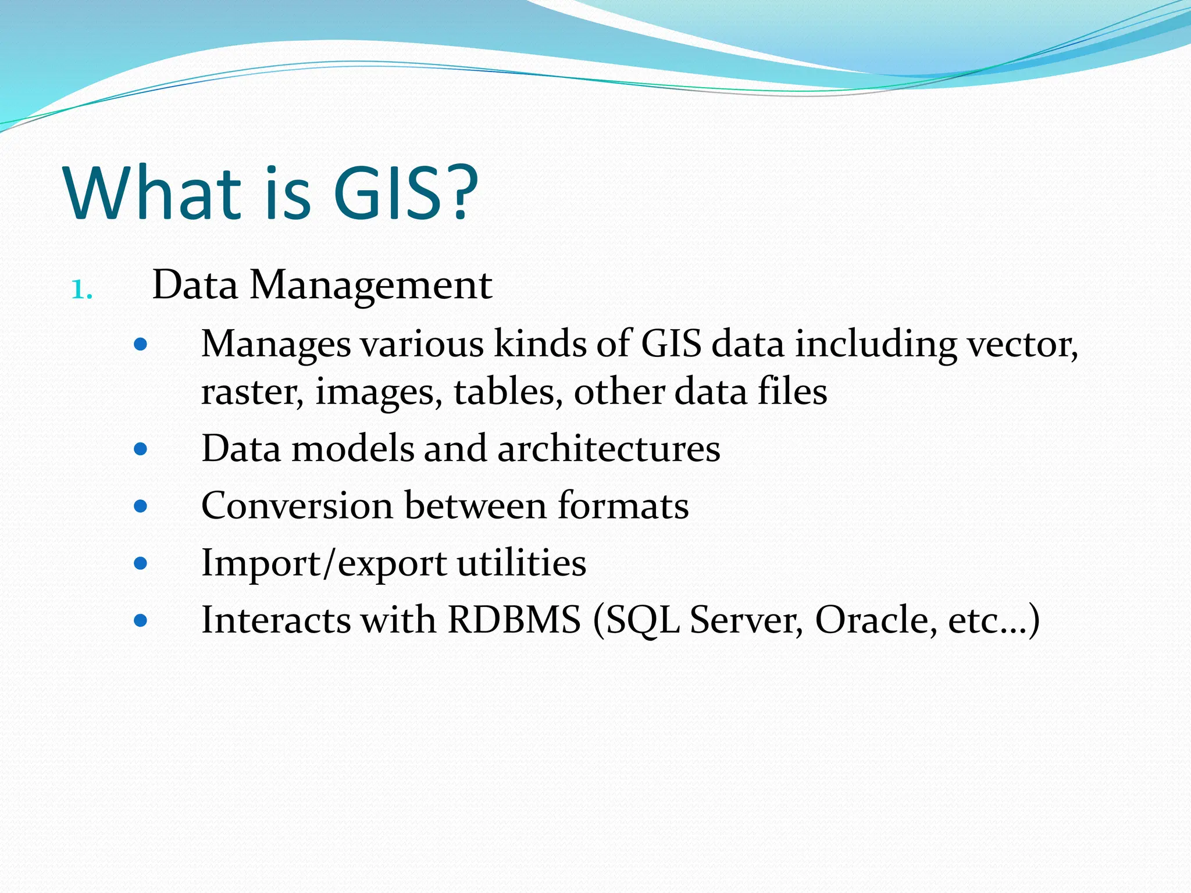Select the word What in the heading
coord(154,193)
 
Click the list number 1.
coord(81,290)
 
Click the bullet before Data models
coord(140,449)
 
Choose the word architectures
coord(608,449)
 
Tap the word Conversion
coord(297,505)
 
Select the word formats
coord(623,505)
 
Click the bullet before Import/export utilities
coord(140,563)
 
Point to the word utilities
coord(521,563)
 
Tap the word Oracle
coord(876,620)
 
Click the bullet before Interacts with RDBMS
coord(140,620)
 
